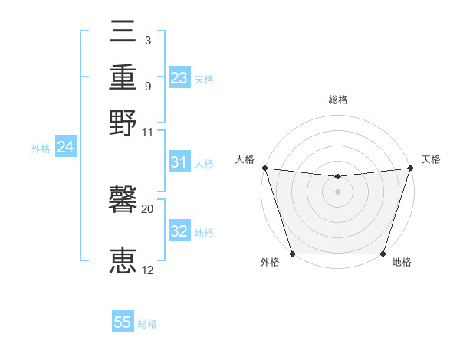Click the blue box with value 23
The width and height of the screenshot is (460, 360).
(179, 78)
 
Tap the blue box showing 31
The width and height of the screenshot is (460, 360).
(179, 162)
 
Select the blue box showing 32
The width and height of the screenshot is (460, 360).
(179, 231)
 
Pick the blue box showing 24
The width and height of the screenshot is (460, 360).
(65, 147)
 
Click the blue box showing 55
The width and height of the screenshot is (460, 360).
(123, 322)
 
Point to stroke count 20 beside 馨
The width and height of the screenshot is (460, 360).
(147, 208)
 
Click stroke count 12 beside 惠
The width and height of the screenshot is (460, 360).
(147, 270)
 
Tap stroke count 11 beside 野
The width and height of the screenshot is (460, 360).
(147, 132)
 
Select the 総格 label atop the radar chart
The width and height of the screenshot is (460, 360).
(337, 100)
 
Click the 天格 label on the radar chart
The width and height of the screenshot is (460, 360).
(431, 159)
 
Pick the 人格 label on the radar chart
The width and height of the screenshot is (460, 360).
(245, 159)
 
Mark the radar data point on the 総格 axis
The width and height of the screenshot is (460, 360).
(337, 177)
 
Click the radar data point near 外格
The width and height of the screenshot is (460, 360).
(292, 254)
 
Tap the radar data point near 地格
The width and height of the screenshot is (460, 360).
(383, 254)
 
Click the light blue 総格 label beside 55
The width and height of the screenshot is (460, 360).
(147, 324)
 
